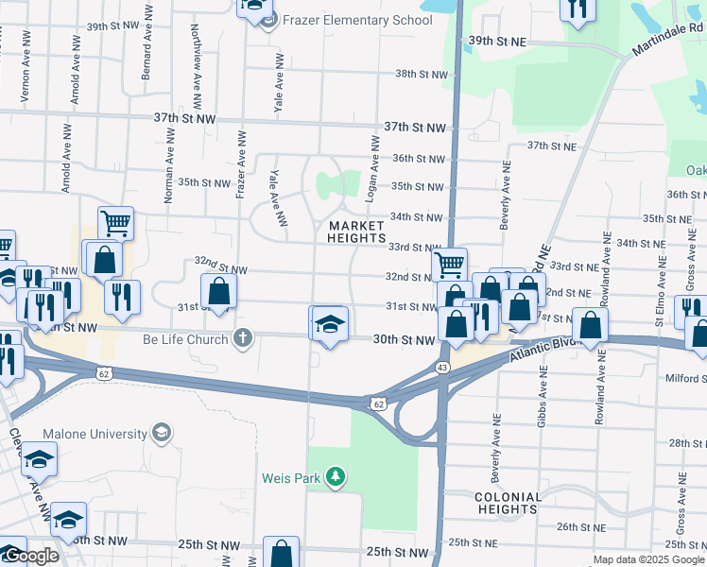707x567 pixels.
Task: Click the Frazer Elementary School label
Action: pyautogui.click(x=348, y=20)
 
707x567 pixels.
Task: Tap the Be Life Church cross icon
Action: pyautogui.click(x=243, y=338)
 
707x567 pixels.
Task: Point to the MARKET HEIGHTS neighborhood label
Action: pyautogui.click(x=356, y=232)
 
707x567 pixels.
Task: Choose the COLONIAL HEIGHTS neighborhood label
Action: pyautogui.click(x=508, y=503)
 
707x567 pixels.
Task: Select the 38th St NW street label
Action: pyautogui.click(x=420, y=74)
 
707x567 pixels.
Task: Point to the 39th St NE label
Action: pyautogui.click(x=496, y=42)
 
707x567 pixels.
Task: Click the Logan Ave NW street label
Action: pyautogui.click(x=375, y=170)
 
